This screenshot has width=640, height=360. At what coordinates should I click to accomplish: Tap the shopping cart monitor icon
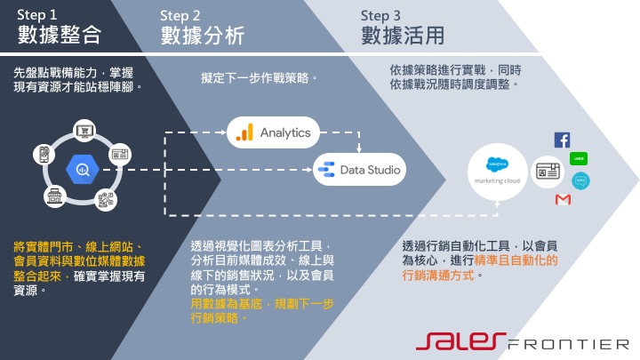pos(86,132)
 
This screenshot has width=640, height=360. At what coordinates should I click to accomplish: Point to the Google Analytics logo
pos(243,133)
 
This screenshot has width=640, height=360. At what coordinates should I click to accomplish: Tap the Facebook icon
pos(562,140)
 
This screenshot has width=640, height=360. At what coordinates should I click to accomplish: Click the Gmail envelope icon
pos(562,200)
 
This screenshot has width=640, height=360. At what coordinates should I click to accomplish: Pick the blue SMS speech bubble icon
pos(581,180)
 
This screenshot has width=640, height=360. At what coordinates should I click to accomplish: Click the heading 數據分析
pos(203,36)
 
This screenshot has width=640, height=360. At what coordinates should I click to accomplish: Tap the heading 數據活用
pos(403,36)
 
